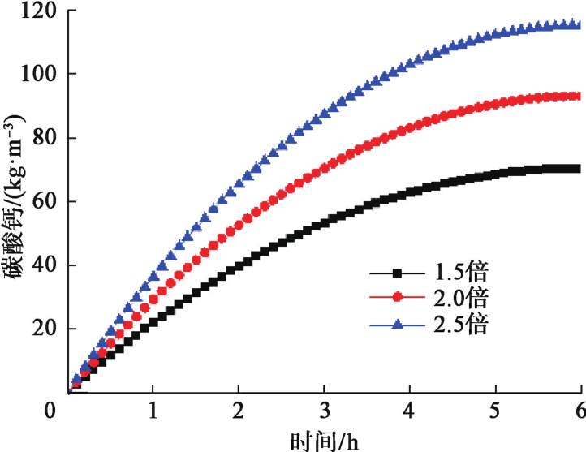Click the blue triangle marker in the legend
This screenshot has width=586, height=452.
[398, 324]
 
